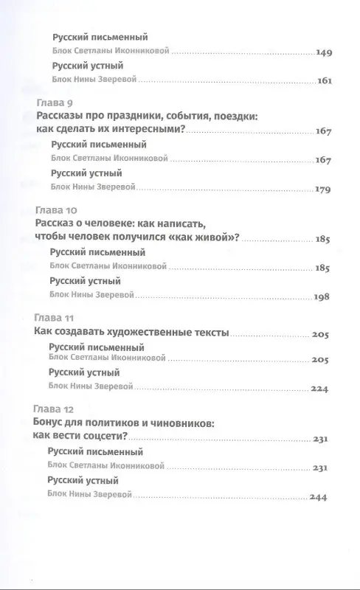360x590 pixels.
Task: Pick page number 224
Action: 326,389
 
